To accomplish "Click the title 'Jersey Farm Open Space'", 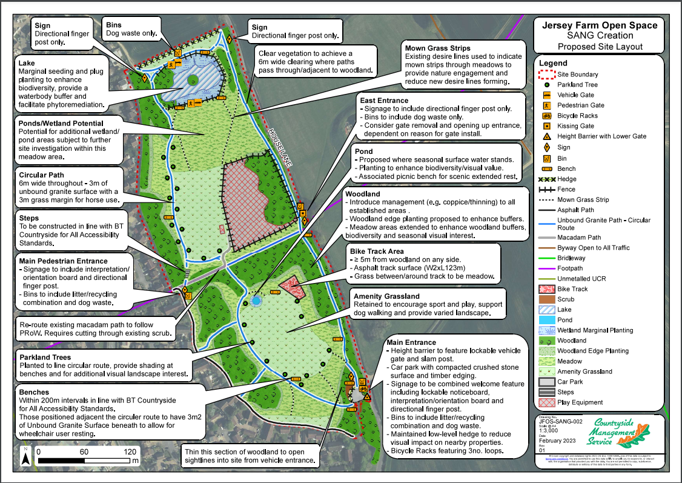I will pos(599,25).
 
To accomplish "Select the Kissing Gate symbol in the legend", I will pos(546,126).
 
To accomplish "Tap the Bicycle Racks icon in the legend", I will pos(546,116).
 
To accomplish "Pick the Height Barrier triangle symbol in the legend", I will pos(546,136).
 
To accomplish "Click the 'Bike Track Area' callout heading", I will pos(377,250).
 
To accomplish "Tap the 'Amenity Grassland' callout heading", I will pos(386,296).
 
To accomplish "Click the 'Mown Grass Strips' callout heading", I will pos(438,48).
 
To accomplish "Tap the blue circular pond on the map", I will pos(256,301).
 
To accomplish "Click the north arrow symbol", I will pos(26,456).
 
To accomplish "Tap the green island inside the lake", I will pos(191,79).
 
